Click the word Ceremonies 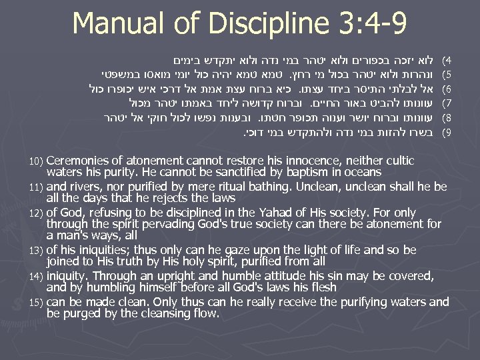click(x=77, y=161)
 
